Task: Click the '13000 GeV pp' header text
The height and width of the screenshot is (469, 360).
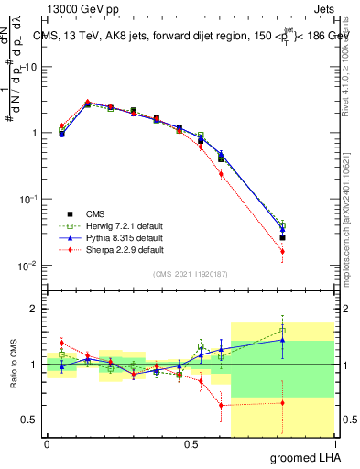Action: [x=83, y=7]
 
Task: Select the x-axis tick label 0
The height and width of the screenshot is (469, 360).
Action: [x=47, y=443]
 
